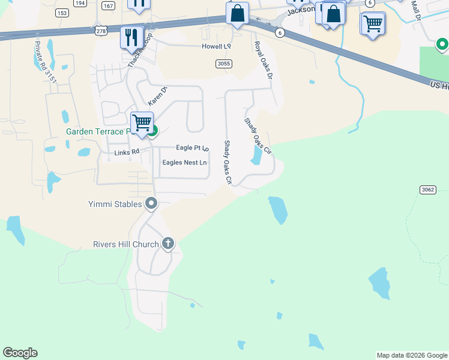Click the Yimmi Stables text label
(x=118, y=204)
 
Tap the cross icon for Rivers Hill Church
(x=168, y=244)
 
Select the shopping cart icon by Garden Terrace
(x=142, y=124)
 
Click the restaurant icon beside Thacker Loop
(x=131, y=37)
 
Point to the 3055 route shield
(x=223, y=64)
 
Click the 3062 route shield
(x=427, y=190)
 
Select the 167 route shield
(x=108, y=6)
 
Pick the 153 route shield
(x=61, y=12)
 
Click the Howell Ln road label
(x=216, y=46)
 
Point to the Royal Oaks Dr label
(x=263, y=61)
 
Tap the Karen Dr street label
(x=157, y=96)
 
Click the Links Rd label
(x=127, y=152)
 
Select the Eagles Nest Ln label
(x=184, y=163)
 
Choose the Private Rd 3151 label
(x=45, y=62)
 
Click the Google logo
(x=20, y=353)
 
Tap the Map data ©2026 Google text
(x=412, y=355)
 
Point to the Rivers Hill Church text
(x=125, y=244)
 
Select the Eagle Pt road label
(x=191, y=148)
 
